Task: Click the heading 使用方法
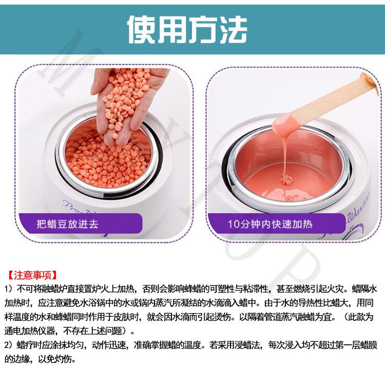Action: coord(187,29)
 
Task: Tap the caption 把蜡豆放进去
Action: coord(68,224)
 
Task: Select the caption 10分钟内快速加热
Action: coord(270,224)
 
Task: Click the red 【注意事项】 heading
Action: coord(32,275)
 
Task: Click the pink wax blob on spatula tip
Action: coord(285,126)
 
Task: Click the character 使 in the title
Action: coord(142,29)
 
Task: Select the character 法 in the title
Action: coord(232,29)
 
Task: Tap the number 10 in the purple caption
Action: coord(233,224)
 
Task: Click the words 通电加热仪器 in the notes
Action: coord(29,331)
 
